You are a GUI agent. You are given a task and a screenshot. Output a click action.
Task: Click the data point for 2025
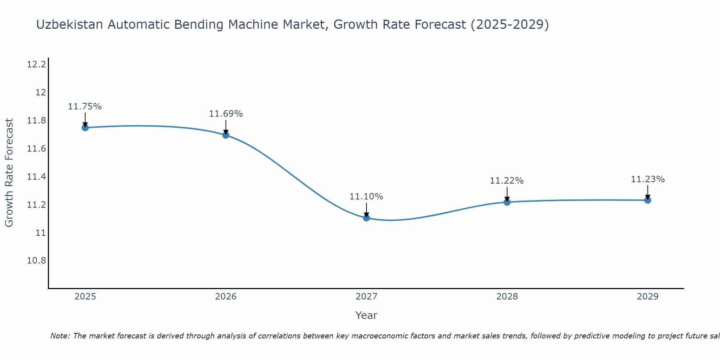[x=85, y=127]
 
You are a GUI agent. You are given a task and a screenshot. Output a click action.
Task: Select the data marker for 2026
[x=226, y=135]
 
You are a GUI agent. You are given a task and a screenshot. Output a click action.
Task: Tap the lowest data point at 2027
[x=366, y=218]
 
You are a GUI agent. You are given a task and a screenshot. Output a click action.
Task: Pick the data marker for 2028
[x=507, y=202]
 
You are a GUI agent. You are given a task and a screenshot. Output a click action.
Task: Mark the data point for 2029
[x=648, y=200]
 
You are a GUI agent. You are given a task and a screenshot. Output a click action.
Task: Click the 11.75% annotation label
[x=85, y=107]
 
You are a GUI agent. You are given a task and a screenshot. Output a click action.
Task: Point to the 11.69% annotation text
[x=226, y=114]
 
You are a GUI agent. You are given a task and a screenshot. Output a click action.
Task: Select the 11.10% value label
[x=366, y=197]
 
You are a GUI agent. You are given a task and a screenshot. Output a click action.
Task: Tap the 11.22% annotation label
[x=507, y=181]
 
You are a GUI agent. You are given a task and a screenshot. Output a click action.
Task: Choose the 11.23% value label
[x=648, y=179]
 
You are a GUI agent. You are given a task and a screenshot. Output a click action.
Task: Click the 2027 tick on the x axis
[x=366, y=297]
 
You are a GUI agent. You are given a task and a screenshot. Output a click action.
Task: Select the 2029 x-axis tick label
[x=648, y=297]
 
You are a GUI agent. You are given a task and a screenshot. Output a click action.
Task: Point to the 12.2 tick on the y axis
[x=36, y=65]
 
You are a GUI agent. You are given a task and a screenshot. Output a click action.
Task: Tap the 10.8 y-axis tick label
[x=36, y=261]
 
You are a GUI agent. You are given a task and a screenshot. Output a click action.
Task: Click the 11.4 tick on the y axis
[x=36, y=177]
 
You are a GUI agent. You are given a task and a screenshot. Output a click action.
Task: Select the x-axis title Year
[x=366, y=315]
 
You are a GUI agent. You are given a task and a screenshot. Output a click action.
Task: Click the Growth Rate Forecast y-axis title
[x=9, y=172]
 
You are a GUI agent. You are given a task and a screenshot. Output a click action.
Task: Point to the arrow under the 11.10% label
[x=366, y=210]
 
